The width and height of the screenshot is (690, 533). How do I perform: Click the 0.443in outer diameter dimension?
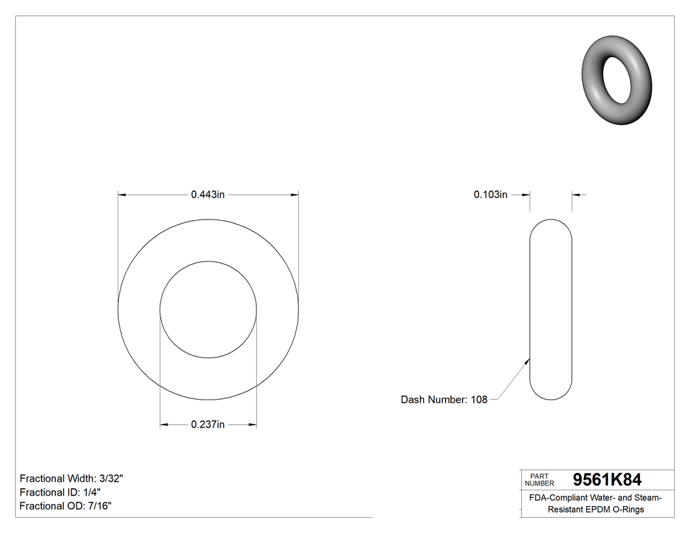(x=208, y=195)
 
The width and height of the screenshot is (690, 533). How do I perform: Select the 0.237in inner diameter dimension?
(x=208, y=425)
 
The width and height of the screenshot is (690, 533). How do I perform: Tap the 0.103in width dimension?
(x=490, y=195)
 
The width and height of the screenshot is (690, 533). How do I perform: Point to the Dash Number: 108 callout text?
(x=444, y=400)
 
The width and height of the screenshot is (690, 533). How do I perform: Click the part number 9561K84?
(x=607, y=480)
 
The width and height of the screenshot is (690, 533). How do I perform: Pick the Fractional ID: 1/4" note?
(x=60, y=492)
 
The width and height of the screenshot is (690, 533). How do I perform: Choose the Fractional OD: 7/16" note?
(x=66, y=506)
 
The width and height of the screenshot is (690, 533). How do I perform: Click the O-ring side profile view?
(x=551, y=309)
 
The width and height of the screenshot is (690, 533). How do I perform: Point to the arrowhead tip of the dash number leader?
(x=530, y=358)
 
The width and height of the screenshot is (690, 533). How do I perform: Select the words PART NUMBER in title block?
(x=540, y=480)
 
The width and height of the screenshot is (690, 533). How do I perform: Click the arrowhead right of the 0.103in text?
(x=526, y=195)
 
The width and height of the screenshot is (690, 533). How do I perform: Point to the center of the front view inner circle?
(x=208, y=310)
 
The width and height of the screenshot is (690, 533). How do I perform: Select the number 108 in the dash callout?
(x=479, y=400)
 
